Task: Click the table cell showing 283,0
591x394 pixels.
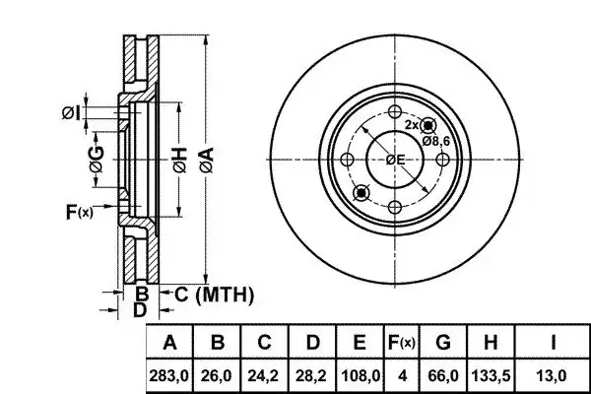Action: tap(168, 375)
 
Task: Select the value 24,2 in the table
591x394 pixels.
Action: tap(263, 375)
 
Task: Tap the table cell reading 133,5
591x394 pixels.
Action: tap(491, 375)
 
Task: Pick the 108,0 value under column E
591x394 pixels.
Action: tap(360, 375)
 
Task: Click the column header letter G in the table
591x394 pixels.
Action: tap(443, 343)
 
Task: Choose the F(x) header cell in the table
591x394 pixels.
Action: tap(402, 343)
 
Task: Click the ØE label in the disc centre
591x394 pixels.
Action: tap(395, 160)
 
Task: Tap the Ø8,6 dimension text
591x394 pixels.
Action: tap(436, 142)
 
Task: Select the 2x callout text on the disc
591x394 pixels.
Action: tap(411, 125)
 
